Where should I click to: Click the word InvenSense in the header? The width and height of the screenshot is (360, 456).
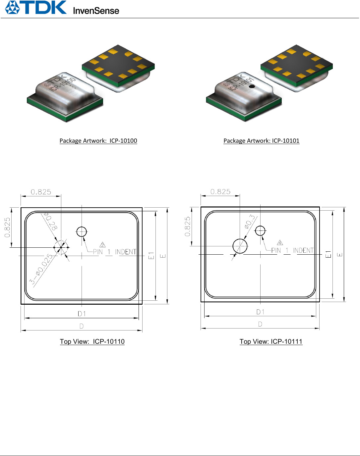click(x=96, y=11)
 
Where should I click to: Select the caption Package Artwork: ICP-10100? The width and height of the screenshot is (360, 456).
click(x=98, y=141)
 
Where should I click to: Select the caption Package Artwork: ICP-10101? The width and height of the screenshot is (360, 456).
click(x=261, y=141)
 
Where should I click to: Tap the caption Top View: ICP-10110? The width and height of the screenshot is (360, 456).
click(x=92, y=341)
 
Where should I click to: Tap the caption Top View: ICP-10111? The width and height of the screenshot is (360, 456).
click(x=271, y=341)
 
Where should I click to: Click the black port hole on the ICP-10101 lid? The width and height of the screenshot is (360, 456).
click(x=252, y=86)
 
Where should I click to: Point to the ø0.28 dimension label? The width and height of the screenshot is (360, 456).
click(x=50, y=221)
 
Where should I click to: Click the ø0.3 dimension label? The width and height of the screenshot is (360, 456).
click(x=250, y=222)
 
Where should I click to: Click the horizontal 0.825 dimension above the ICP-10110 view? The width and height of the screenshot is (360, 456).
click(x=41, y=192)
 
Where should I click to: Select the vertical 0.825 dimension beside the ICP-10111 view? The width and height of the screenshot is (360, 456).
click(x=188, y=227)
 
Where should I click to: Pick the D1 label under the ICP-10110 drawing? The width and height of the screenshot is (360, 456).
click(x=82, y=314)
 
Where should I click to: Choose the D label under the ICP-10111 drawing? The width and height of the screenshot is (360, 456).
click(x=260, y=324)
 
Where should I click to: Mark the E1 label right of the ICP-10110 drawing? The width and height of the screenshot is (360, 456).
click(x=151, y=256)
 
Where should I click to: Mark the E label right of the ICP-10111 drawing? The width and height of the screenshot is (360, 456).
click(x=340, y=255)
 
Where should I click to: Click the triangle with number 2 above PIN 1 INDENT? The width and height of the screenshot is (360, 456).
click(x=103, y=245)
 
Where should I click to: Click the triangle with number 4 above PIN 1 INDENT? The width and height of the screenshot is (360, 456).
click(x=280, y=243)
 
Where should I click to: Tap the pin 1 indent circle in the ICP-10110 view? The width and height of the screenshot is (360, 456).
click(x=82, y=231)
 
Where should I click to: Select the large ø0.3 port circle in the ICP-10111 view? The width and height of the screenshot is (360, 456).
click(x=240, y=246)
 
